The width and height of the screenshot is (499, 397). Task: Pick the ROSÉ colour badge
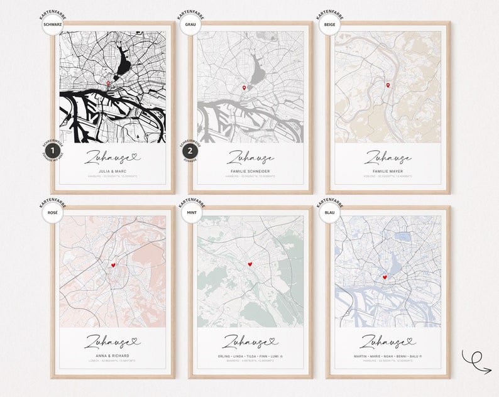53,212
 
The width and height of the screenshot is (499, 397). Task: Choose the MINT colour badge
190,212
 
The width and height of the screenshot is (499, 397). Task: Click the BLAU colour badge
327,212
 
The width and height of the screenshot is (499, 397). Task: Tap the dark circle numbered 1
52,151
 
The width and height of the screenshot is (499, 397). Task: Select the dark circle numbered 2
190,151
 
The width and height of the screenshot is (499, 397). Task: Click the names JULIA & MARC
112,171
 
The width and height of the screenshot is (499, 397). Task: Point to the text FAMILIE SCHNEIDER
249,171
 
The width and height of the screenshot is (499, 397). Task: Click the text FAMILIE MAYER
387,171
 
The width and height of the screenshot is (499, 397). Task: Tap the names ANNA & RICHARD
112,356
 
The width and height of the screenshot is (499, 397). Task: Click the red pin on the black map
108,84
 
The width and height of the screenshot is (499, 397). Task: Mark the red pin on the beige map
388,85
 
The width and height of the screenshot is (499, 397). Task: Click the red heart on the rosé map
113,265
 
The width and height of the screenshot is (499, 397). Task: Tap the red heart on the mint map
250,264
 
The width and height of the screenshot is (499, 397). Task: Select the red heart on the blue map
385,277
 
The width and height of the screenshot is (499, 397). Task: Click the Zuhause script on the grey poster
249,156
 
